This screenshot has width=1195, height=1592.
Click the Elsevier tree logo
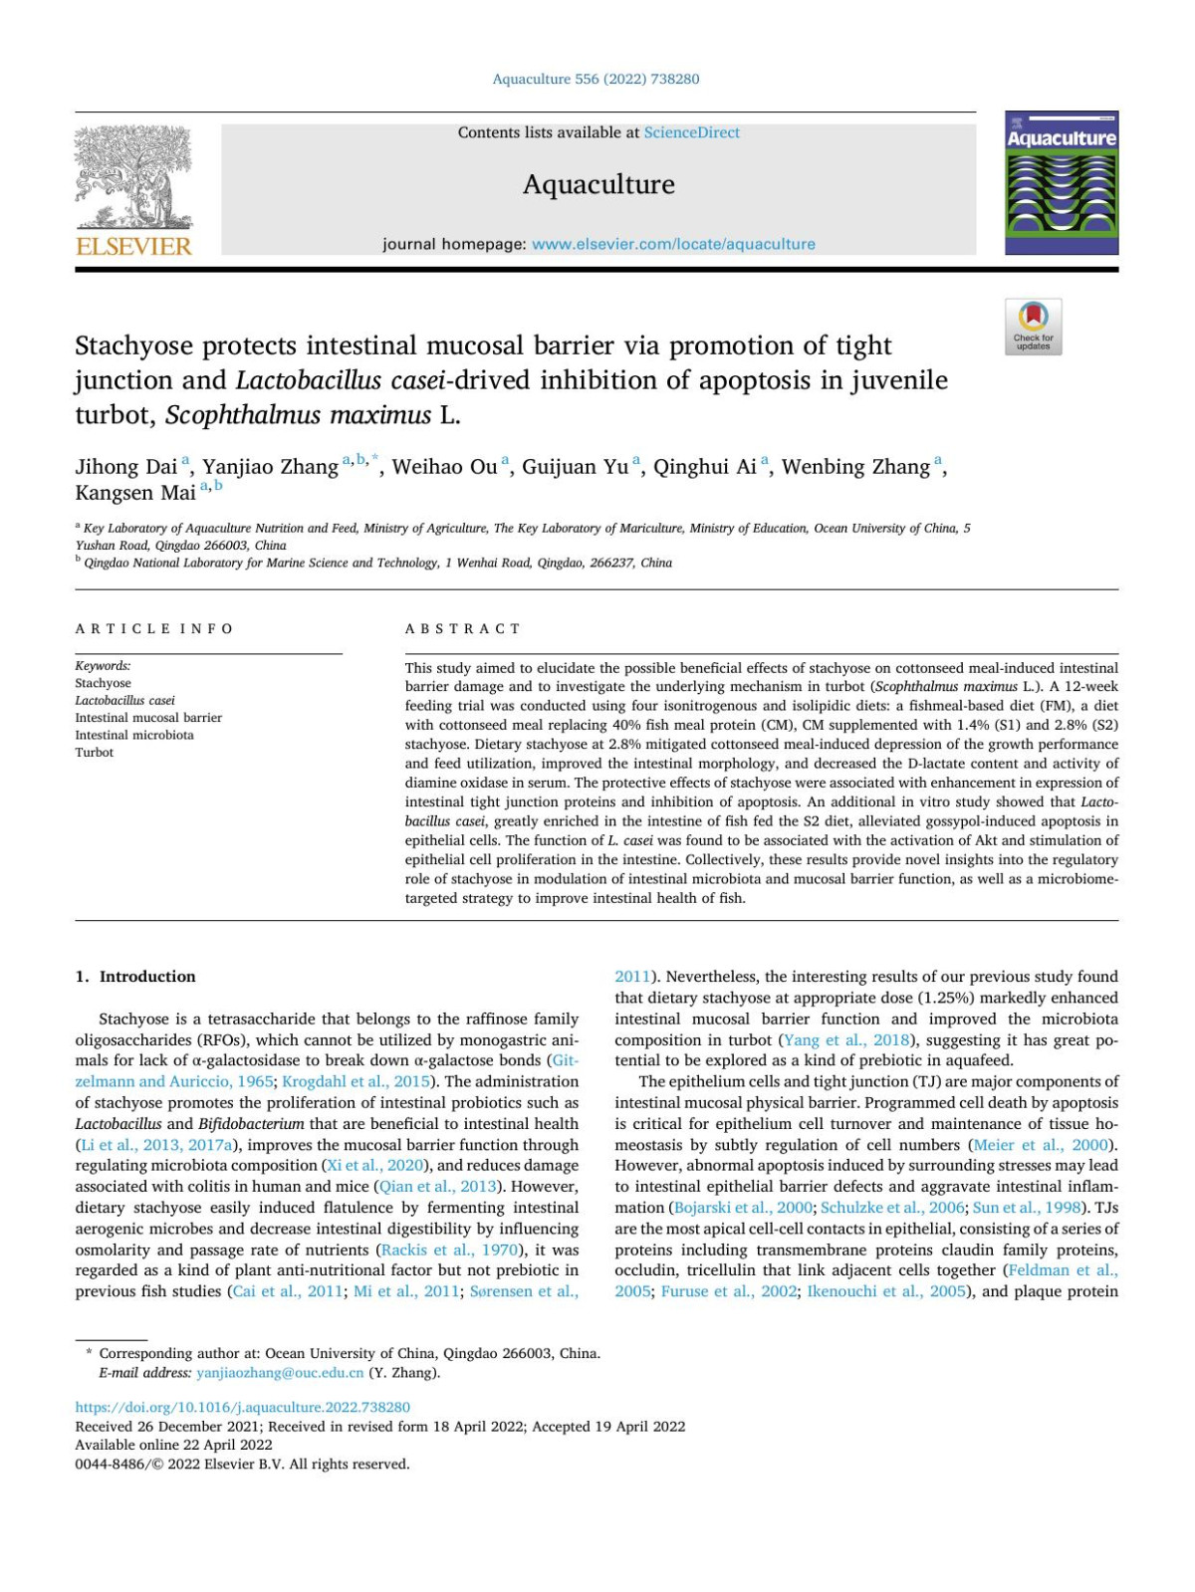[x=133, y=177]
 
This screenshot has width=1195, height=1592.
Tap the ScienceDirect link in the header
[x=691, y=132]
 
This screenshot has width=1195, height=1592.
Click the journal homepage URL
[x=673, y=244]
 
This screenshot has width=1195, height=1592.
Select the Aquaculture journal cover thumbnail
[x=1062, y=183]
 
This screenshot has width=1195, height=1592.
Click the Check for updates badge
[x=1033, y=326]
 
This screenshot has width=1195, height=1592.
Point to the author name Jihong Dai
[x=125, y=467]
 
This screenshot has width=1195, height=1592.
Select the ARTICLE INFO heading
[x=154, y=629]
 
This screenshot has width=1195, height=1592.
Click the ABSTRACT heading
[x=463, y=629]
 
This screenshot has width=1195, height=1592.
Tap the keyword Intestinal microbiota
[x=134, y=735]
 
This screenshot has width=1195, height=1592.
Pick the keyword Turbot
[x=95, y=753]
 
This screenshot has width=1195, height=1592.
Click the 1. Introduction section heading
[x=135, y=977]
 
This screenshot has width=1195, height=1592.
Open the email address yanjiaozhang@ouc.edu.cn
[x=280, y=1373]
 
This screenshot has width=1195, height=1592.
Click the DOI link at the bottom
[x=243, y=1407]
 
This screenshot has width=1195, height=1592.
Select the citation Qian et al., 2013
[x=438, y=1187]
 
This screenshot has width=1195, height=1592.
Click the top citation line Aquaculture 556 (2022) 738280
[x=596, y=79]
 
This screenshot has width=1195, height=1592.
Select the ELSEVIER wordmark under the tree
[x=133, y=246]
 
